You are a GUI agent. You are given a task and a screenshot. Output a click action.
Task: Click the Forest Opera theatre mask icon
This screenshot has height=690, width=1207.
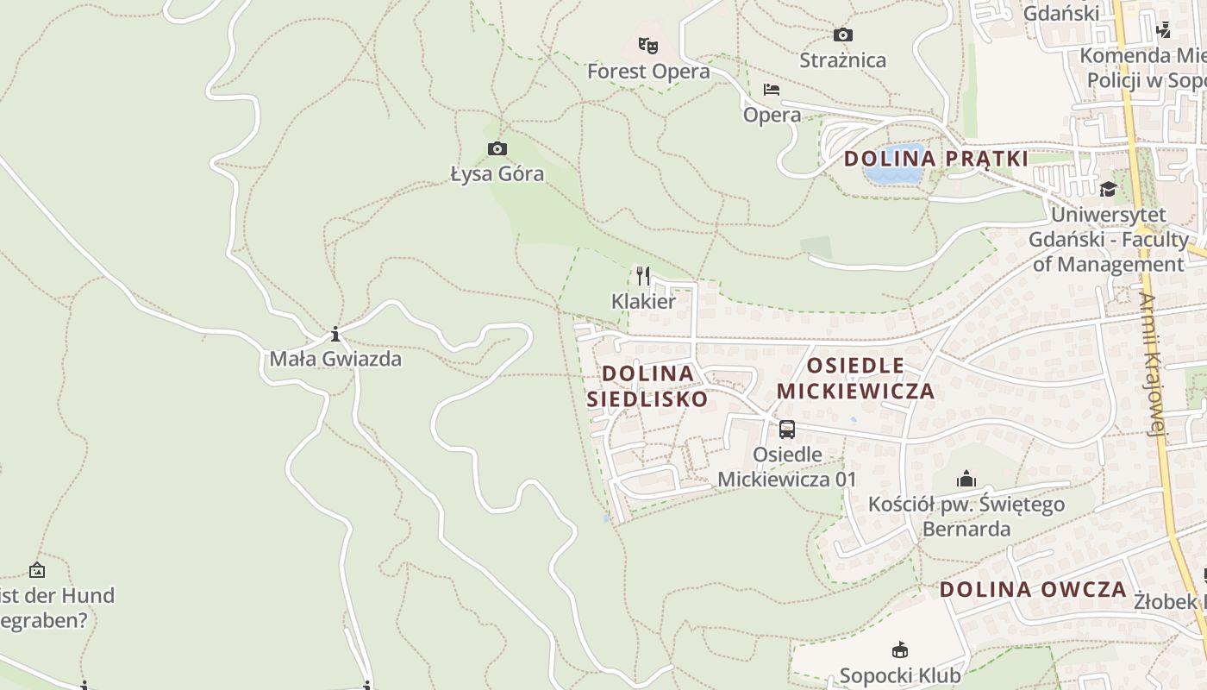[648, 45]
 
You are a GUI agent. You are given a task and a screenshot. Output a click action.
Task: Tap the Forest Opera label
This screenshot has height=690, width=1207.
[648, 72]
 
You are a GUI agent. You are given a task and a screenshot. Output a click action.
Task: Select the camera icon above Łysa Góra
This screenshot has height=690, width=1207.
[497, 149]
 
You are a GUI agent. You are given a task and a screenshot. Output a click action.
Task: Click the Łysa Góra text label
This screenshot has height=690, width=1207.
[497, 174]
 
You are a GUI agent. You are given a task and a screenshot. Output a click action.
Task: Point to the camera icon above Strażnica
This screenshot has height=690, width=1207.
[842, 35]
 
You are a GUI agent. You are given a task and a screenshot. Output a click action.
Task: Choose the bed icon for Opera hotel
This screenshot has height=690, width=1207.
[772, 90]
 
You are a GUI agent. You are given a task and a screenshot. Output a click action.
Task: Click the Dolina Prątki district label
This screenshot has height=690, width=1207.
[935, 159]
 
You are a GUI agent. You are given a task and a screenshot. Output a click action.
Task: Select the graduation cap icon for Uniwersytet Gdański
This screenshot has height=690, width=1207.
[1108, 189]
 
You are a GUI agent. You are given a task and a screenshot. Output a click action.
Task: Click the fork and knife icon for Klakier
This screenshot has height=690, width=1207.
[643, 276]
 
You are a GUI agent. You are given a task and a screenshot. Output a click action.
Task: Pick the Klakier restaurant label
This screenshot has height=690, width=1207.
[643, 301]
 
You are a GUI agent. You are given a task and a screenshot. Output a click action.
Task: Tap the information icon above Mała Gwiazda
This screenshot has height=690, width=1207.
[335, 334]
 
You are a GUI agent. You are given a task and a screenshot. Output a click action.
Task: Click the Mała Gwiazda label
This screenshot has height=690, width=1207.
[335, 359]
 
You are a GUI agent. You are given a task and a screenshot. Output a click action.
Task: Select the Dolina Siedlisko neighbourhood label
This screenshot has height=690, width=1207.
[647, 386]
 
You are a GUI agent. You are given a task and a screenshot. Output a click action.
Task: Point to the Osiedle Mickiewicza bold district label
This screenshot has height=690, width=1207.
[855, 378]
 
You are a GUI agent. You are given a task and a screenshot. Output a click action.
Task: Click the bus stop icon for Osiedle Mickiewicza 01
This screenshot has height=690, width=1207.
[787, 430]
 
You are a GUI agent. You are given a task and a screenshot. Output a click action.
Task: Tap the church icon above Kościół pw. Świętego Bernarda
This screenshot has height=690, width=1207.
[966, 479]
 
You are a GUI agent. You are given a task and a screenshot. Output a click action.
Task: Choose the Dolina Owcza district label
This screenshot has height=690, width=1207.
[1033, 590]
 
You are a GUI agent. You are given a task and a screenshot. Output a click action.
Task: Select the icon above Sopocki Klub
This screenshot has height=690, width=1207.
[900, 650]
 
